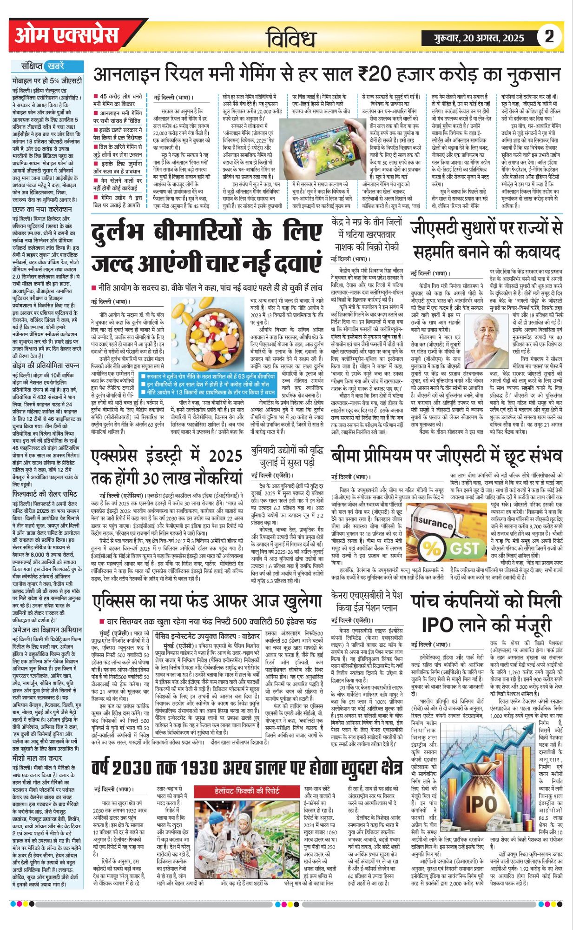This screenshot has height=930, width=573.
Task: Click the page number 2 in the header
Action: [549, 36]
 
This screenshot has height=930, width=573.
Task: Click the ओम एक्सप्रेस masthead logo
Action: [66, 35]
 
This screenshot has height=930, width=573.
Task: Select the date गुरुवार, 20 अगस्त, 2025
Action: [477, 38]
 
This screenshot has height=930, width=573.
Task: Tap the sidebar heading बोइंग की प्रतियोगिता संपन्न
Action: [46, 365]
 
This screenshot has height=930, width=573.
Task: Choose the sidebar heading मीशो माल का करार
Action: [37, 757]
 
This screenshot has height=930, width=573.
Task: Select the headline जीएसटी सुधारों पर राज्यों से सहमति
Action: [486, 240]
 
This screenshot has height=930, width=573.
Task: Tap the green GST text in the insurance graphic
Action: [464, 549]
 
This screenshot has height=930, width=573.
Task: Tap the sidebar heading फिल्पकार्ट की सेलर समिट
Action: [45, 494]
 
